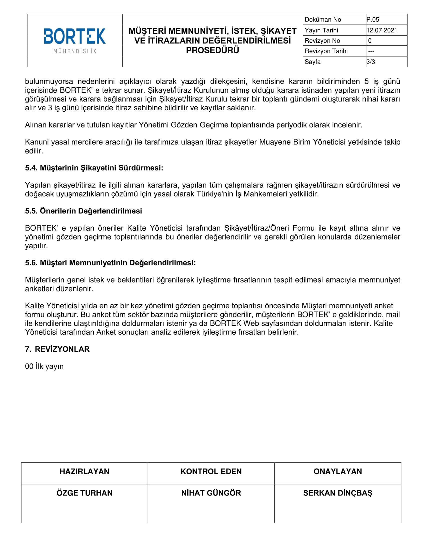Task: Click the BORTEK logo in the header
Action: [x=74, y=36]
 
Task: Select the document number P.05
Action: [x=373, y=20]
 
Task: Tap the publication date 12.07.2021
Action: [x=382, y=30]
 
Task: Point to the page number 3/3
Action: [x=370, y=62]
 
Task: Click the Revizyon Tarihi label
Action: [x=326, y=51]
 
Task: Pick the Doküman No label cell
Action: [x=323, y=20]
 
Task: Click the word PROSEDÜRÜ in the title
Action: [x=212, y=50]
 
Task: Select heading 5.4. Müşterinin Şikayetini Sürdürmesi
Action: [x=94, y=168]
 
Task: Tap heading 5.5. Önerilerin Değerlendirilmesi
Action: [x=83, y=211]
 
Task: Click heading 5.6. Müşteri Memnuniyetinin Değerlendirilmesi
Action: [x=110, y=263]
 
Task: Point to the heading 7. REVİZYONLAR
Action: [x=57, y=349]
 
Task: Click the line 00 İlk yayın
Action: [x=44, y=366]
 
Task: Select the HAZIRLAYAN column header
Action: [x=84, y=471]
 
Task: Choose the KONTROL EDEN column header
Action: [x=211, y=471]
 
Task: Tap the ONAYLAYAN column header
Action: [x=338, y=471]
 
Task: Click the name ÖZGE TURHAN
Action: [x=84, y=493]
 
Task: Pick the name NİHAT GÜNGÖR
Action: [x=211, y=493]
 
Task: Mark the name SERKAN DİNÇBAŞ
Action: [x=338, y=493]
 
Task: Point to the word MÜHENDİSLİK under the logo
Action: [x=75, y=51]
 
